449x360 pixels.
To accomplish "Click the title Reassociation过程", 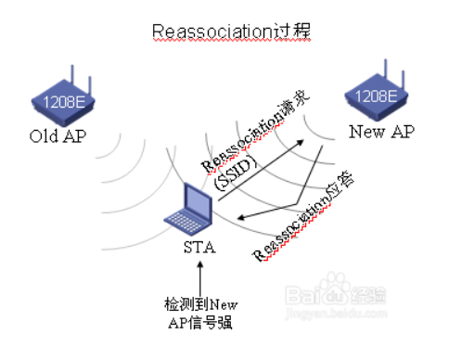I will (x=231, y=31).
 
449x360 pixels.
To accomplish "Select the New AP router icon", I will (x=378, y=94).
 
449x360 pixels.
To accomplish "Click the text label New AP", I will (x=379, y=131).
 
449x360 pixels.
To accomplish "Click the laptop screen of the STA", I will (x=195, y=200).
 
